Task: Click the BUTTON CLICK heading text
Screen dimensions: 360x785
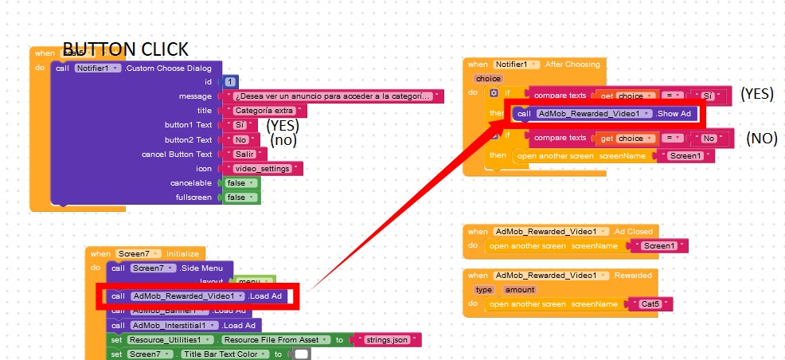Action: (125, 49)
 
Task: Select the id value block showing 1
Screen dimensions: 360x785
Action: (230, 82)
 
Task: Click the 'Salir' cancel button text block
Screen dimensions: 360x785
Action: (244, 154)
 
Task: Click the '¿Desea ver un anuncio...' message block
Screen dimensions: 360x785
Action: (334, 96)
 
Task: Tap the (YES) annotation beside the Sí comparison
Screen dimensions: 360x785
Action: (756, 94)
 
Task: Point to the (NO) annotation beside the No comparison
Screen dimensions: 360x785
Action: (761, 138)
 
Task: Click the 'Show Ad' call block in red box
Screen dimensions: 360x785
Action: (605, 114)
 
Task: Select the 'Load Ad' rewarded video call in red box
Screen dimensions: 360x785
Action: (196, 296)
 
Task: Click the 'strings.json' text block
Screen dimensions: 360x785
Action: (387, 340)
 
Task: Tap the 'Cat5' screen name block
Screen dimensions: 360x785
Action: (650, 304)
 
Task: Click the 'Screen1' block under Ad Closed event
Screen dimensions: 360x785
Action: (663, 246)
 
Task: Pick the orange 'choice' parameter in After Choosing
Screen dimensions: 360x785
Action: (488, 79)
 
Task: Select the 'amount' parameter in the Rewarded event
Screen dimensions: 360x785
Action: (520, 290)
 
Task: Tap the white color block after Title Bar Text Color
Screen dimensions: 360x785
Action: (302, 354)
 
